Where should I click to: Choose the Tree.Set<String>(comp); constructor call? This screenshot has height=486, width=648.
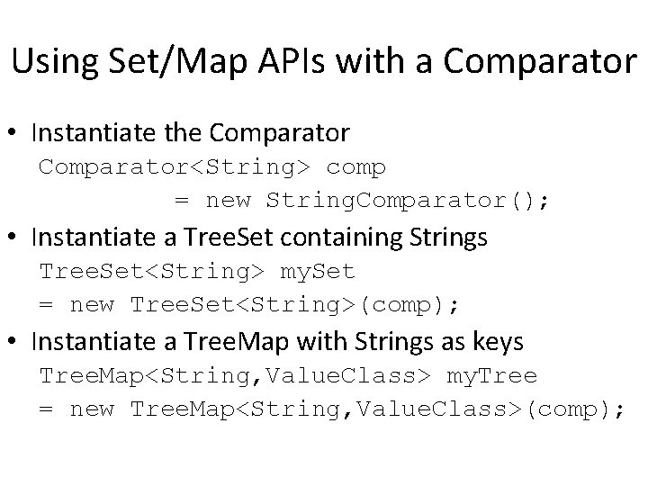pyautogui.click(x=294, y=305)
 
